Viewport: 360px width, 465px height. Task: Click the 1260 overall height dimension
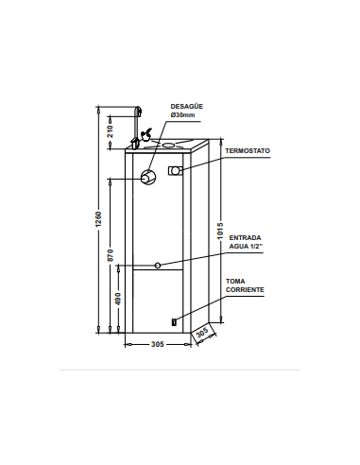pos(99,219)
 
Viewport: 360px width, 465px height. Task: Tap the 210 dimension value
pos(110,131)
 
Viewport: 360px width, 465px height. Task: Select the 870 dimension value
pos(110,255)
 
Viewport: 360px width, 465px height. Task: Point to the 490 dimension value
pos(118,299)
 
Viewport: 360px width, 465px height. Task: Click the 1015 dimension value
pos(220,231)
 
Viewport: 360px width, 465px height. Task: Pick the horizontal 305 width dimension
pos(158,344)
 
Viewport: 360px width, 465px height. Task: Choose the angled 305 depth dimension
pos(202,332)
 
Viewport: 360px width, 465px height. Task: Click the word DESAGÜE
pos(187,107)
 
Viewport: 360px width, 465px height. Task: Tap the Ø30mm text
pos(183,115)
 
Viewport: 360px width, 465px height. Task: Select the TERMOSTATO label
pos(248,151)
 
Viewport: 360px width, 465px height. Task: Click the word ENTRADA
pos(245,238)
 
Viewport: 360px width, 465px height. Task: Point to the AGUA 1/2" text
pos(246,246)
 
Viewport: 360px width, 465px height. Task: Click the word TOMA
pos(235,282)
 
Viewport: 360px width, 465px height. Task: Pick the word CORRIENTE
pos(245,290)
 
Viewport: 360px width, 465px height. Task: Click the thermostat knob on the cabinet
pos(175,170)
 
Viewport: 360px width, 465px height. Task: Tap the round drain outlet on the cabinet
pos(147,177)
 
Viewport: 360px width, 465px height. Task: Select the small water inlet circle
pos(158,266)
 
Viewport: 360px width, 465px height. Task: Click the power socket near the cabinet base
pos(174,322)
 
